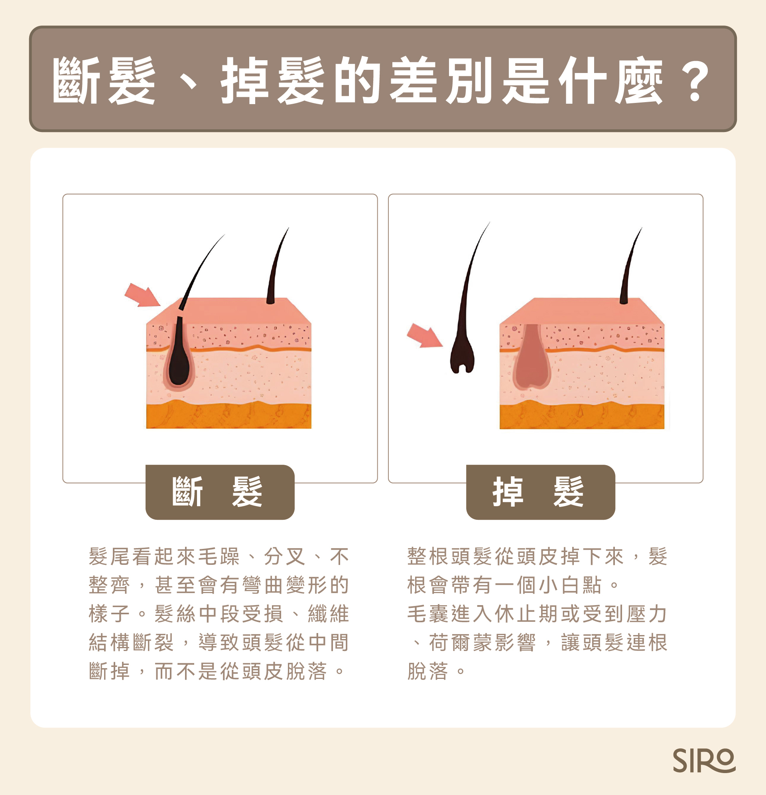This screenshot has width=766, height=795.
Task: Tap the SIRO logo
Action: pos(704,761)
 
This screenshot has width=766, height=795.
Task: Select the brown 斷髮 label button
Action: pos(220,492)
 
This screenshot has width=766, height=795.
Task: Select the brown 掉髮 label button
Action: pos(540,492)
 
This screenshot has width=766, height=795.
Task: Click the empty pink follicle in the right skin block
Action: pos(531,361)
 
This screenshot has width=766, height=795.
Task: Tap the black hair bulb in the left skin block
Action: pos(179,361)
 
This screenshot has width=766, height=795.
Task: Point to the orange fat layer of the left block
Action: pos(229,416)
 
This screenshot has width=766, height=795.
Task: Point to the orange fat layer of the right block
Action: pos(581,416)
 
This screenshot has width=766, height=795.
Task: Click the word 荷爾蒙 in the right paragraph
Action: pos(461,643)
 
